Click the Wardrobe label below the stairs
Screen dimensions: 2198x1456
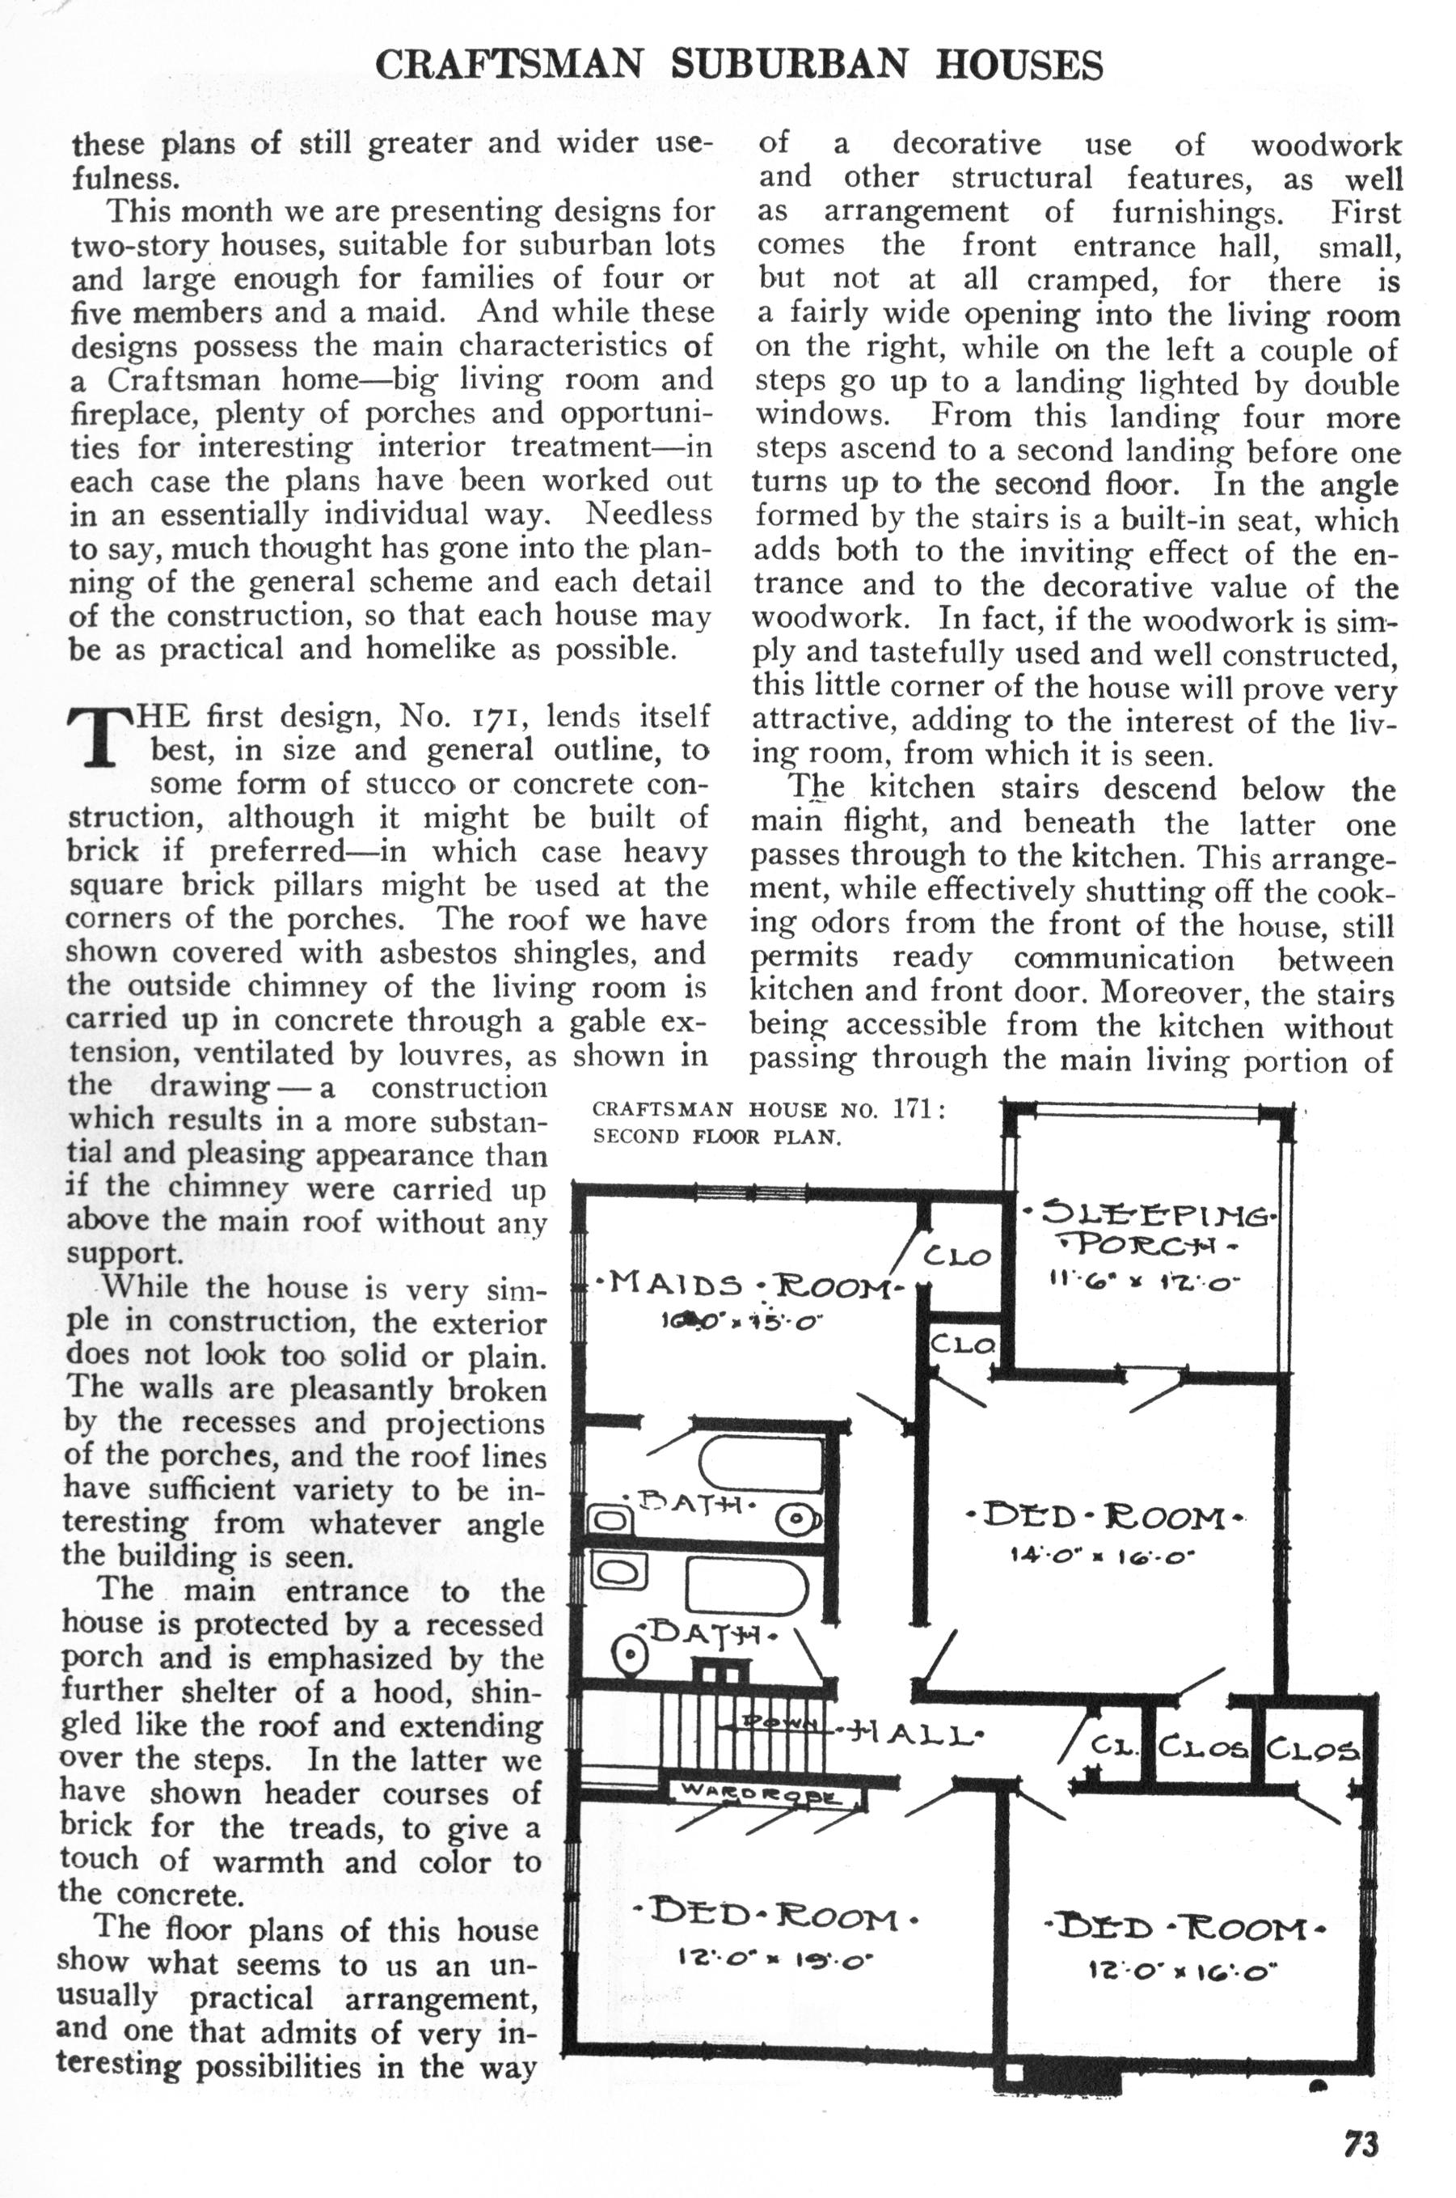tap(762, 1792)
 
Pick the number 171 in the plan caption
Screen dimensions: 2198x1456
tap(914, 1108)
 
